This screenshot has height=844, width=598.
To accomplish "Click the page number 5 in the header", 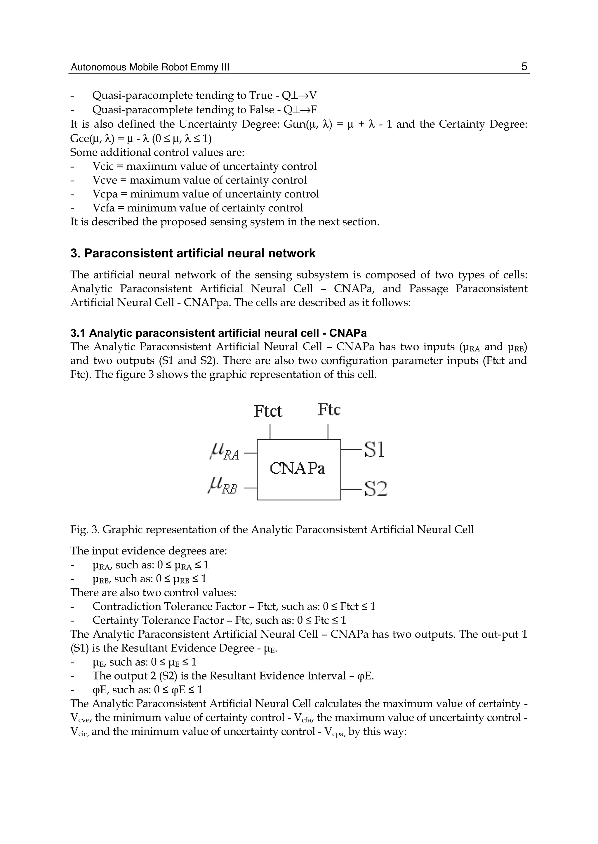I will pos(524,67).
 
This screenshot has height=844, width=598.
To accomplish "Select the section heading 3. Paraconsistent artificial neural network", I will pos(193,254).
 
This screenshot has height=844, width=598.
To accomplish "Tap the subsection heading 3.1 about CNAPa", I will pos(218,333).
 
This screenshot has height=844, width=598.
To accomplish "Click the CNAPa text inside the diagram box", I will pos(298,469).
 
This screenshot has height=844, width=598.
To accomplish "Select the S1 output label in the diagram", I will pos(375,450).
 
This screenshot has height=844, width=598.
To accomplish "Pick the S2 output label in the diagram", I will pos(376,489).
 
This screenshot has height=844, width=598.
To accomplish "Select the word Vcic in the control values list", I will pos(103,166).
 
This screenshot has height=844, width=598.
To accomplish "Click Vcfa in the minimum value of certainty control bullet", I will pos(103,208).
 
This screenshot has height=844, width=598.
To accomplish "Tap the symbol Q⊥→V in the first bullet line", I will pos(299,96).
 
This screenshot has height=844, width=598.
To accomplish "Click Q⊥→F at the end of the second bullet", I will pos(299,110).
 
